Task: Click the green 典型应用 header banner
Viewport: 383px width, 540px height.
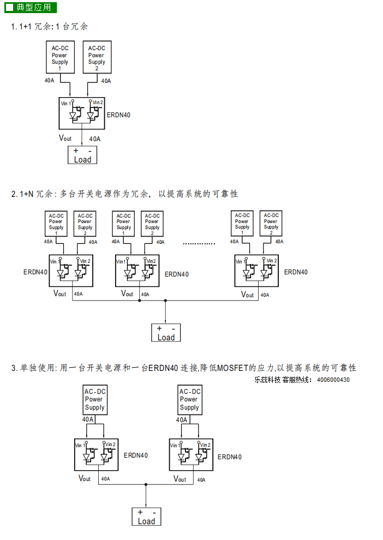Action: point(31,7)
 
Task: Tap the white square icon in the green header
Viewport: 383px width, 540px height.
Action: point(10,7)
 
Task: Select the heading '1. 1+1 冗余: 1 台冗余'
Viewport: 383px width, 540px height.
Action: point(50,27)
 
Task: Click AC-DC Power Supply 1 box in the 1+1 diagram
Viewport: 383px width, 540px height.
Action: point(60,57)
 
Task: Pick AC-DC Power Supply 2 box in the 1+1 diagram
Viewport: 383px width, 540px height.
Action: point(97,57)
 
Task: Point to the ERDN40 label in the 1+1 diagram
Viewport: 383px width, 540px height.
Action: point(118,115)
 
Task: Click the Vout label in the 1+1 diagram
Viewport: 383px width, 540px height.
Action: point(65,138)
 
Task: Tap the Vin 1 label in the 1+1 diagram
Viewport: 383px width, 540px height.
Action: point(65,103)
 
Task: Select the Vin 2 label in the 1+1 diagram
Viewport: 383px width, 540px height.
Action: point(98,103)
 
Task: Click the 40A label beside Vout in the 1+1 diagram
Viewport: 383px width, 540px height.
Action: point(95,139)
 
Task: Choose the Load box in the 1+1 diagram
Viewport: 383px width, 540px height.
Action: point(82,155)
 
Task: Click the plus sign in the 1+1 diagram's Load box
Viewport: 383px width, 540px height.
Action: point(76,151)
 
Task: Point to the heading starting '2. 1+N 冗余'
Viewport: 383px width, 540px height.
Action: point(125,194)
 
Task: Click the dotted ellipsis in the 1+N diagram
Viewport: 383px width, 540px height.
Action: point(199,243)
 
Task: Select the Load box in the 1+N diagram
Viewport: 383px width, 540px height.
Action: point(166,333)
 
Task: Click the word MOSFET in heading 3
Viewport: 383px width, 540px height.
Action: point(232,368)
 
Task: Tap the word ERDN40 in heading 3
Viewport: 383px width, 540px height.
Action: point(163,368)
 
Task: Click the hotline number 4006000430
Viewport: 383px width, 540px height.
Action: point(333,380)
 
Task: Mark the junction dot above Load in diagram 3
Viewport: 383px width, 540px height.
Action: point(146,484)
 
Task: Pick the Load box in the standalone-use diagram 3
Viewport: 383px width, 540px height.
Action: point(146,517)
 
